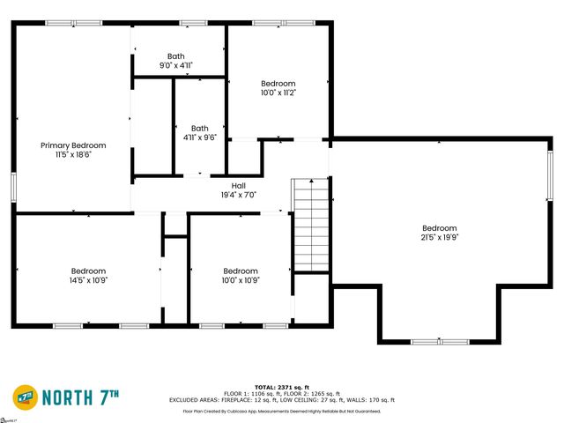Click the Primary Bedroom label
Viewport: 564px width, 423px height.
(x=73, y=145)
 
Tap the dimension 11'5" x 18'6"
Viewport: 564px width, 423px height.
(x=73, y=154)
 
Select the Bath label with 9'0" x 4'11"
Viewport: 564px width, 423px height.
(x=176, y=56)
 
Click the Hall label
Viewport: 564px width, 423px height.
(x=238, y=186)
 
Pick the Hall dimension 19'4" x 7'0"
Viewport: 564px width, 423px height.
(x=238, y=195)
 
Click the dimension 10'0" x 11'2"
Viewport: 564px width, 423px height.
(x=278, y=93)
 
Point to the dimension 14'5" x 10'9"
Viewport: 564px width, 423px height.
(x=88, y=280)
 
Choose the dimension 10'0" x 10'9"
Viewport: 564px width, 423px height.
(x=241, y=280)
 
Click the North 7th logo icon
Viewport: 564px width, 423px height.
(x=25, y=397)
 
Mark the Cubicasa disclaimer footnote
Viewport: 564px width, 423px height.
(x=280, y=412)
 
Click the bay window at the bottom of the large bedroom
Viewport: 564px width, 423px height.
(x=440, y=341)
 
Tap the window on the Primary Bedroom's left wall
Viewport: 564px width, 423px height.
(x=13, y=187)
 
